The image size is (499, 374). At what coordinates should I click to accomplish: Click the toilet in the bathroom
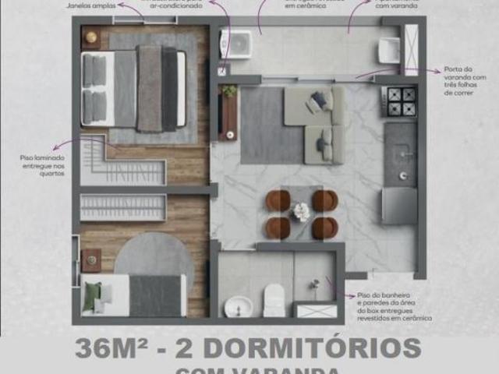pos(274,299)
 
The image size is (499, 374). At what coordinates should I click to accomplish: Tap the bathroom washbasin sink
pos(238,306)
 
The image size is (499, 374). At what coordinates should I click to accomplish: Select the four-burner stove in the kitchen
pos(400,101)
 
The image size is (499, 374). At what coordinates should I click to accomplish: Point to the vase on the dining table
pos(301,211)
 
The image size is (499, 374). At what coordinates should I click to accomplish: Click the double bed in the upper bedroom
pos(134,88)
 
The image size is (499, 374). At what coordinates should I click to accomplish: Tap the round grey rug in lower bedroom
pos(154,257)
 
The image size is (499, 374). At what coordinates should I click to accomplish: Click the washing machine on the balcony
pos(236,44)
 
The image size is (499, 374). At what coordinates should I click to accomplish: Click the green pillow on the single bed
pos(93,295)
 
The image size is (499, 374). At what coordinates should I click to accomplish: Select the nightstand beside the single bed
pos(91,259)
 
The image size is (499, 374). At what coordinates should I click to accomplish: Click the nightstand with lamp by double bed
pos(91,37)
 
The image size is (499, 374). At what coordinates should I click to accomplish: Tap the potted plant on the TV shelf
pos(229,91)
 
